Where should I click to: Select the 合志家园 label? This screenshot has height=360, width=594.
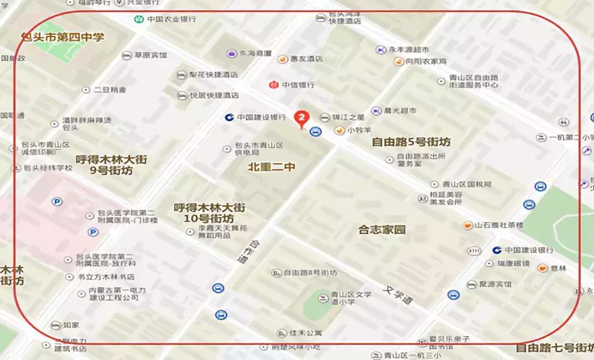click(382, 229)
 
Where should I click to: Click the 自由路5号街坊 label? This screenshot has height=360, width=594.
click(411, 142)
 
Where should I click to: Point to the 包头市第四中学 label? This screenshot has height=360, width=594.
click(63, 37)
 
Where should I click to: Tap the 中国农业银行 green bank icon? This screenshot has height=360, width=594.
click(139, 19)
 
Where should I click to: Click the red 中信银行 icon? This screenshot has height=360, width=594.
click(274, 85)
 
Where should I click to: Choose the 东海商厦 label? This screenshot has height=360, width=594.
click(256, 53)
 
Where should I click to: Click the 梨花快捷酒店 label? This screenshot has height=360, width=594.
click(214, 75)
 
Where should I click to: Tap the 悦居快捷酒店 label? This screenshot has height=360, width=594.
click(214, 95)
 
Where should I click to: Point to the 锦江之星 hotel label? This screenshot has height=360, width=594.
click(349, 117)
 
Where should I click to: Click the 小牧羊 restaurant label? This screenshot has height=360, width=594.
click(359, 130)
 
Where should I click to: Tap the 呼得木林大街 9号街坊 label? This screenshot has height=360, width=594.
click(111, 165)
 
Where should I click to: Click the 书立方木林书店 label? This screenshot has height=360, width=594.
click(106, 277)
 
